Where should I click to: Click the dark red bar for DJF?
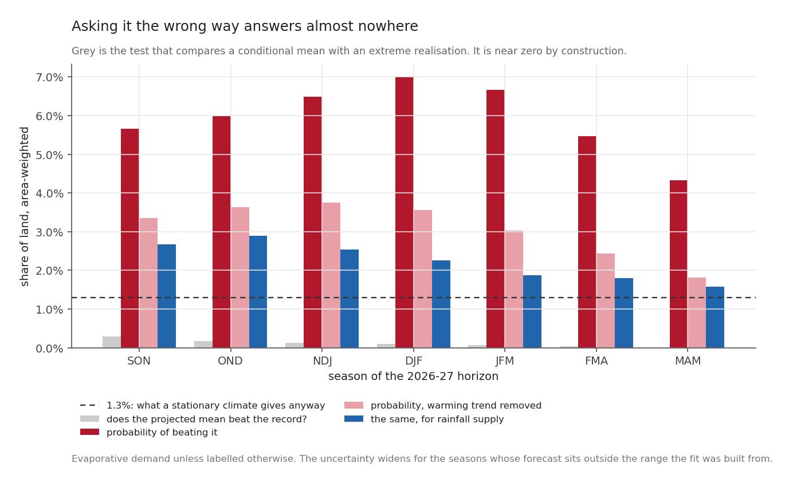(x=405, y=212)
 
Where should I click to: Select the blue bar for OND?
(x=258, y=292)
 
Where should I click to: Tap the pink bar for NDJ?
(x=331, y=275)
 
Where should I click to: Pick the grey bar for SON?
(x=112, y=342)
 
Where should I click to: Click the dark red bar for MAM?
(x=678, y=264)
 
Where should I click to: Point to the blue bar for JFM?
(x=532, y=311)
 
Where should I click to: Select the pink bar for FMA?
(x=606, y=300)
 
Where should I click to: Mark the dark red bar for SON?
(x=130, y=238)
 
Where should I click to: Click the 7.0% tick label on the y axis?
(x=49, y=77)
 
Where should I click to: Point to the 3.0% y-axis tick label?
(x=49, y=232)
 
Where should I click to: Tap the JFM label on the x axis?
(x=505, y=361)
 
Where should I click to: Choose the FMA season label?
(x=596, y=361)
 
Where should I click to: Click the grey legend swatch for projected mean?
(x=89, y=419)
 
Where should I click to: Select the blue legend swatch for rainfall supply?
(x=354, y=419)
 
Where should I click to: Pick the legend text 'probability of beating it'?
(x=162, y=433)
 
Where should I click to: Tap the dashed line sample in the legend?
(x=89, y=405)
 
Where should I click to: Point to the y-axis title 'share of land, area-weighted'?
(x=25, y=207)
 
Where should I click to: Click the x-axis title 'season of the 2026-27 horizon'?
(x=413, y=376)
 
